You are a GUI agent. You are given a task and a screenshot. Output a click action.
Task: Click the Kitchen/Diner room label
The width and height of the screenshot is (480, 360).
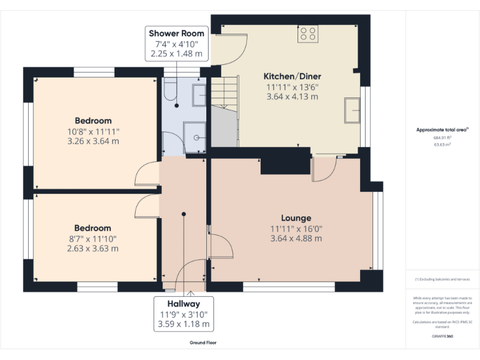(292, 76)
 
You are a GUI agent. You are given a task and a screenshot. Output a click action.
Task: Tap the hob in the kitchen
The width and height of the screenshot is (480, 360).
(307, 32)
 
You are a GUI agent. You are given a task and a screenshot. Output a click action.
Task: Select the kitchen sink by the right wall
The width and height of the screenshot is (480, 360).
(352, 110)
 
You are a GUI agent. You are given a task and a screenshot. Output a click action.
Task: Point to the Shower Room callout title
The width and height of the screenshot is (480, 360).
(177, 33)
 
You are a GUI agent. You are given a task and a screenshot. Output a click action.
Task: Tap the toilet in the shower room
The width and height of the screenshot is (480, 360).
(169, 91)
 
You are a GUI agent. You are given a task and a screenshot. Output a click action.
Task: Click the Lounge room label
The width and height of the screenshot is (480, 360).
(296, 218)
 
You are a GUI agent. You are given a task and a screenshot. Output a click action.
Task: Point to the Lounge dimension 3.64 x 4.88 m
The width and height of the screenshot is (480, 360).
(296, 238)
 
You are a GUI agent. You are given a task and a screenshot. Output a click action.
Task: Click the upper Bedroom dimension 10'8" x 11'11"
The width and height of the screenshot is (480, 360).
(93, 131)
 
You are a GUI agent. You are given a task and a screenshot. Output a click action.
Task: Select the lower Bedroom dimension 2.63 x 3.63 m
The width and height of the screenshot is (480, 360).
(92, 248)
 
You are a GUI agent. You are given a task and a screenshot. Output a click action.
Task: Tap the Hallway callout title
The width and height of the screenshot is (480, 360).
(184, 304)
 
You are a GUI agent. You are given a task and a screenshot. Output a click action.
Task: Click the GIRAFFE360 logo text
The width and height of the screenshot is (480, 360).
(442, 336)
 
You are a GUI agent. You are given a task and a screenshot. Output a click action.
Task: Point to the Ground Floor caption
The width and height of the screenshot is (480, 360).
(203, 342)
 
